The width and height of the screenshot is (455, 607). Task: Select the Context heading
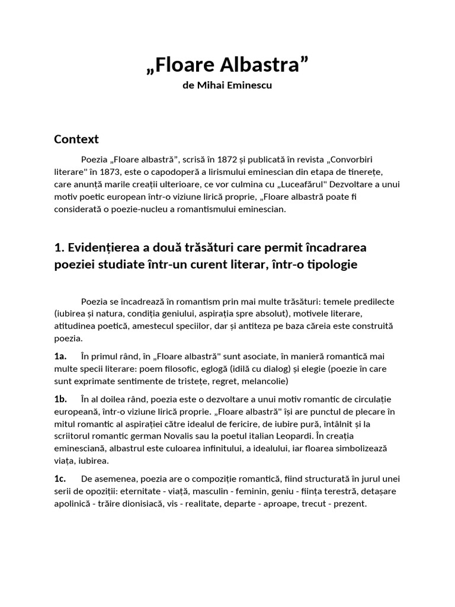click(x=76, y=139)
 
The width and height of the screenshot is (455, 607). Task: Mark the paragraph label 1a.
click(x=60, y=356)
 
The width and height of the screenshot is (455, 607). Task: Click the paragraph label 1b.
click(x=60, y=399)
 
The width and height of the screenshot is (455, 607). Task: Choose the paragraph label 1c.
click(x=59, y=478)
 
